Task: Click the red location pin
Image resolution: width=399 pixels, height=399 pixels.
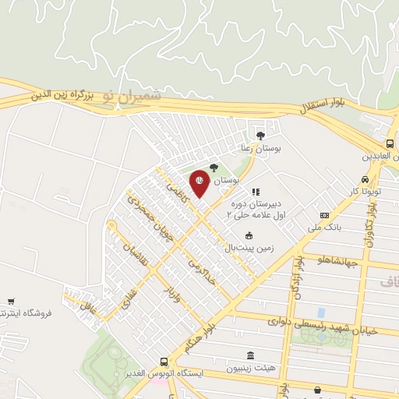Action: (199, 183)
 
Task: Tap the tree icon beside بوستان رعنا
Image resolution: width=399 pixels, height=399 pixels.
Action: (260, 135)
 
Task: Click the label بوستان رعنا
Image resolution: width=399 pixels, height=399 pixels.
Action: (260, 147)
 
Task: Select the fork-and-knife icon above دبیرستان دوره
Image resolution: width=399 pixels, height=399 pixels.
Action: (255, 191)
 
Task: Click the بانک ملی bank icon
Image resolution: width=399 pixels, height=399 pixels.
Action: (325, 215)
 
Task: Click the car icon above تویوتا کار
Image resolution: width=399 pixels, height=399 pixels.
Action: (365, 178)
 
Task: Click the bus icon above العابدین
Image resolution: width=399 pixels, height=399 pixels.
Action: (390, 144)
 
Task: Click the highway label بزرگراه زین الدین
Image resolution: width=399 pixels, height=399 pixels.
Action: (62, 97)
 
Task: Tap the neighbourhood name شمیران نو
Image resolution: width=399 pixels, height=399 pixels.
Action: (132, 97)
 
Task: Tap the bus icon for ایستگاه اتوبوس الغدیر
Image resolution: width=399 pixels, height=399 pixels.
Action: (164, 362)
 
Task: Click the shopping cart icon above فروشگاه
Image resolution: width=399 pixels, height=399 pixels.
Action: (10, 302)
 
